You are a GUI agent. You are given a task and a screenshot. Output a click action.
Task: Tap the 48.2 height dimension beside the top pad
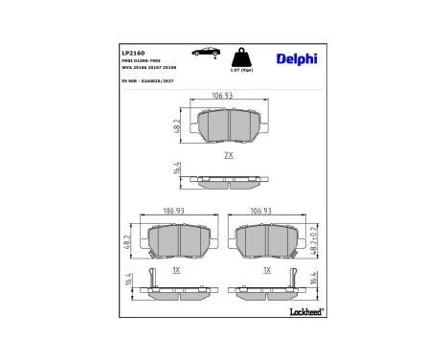tap(178, 125)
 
